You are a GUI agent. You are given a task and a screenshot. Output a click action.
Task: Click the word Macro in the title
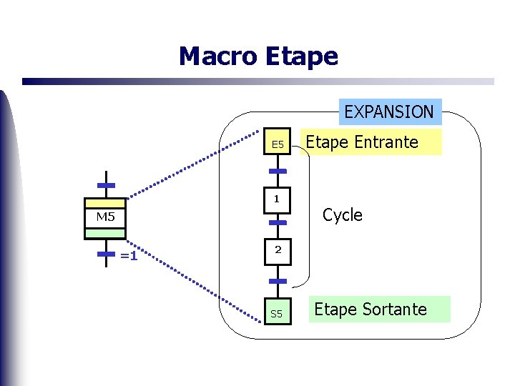point(217,56)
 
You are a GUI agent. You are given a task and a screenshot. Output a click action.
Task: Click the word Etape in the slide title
point(301,56)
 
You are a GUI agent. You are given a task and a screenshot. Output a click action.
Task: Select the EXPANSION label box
point(388,112)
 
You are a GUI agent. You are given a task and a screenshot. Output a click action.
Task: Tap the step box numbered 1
point(276,199)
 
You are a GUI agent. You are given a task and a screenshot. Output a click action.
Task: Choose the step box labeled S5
point(277,313)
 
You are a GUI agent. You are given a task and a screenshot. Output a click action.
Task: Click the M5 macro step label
point(105,217)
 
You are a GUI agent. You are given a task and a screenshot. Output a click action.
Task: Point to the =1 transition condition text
point(129,255)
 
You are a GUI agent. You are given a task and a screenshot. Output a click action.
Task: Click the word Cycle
point(343,215)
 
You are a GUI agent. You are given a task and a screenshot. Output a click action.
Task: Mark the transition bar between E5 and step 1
point(278,172)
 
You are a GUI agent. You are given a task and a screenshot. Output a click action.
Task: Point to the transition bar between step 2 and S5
point(278,281)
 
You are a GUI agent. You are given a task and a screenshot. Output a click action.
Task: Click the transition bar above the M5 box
point(106,186)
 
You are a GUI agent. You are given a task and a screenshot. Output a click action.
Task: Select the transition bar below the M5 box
point(106,254)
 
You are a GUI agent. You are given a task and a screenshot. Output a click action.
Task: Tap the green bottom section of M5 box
point(105,233)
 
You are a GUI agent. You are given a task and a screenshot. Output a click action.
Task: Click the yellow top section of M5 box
point(105,203)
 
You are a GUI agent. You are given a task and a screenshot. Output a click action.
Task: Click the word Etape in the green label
point(335,310)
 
